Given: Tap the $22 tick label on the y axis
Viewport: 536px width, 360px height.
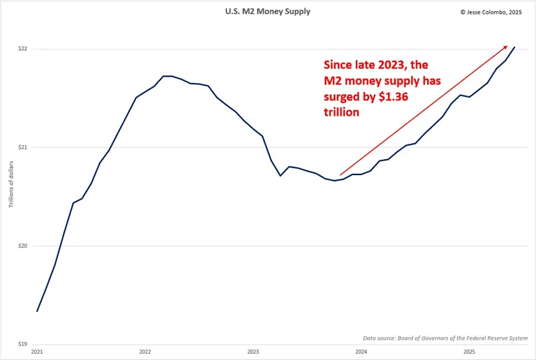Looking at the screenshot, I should pos(22,49).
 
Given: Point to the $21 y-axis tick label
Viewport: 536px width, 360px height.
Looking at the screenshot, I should pos(22,147).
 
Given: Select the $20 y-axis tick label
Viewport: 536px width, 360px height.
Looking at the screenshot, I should pos(22,246).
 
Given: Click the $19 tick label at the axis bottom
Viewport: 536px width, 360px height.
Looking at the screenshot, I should pos(22,344).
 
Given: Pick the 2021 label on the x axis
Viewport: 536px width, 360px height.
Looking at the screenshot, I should pos(37,352).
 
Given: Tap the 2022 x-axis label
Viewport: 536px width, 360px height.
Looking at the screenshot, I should pos(145,352).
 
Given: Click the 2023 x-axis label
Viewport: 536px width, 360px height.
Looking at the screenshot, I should pos(253,352).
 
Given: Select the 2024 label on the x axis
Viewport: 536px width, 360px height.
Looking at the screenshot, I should pos(362,352).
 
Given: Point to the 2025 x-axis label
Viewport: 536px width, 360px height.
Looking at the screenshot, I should pos(470,352).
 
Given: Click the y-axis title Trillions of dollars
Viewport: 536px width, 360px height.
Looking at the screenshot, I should pos(11,183).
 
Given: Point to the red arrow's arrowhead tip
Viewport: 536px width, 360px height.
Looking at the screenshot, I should pos(507,45).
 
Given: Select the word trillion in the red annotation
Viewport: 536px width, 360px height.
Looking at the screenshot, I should pos(341,112).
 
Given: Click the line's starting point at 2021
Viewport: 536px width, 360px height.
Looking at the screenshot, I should pos(37,311).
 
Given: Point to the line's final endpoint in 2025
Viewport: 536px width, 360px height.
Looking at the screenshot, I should pos(514,47).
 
